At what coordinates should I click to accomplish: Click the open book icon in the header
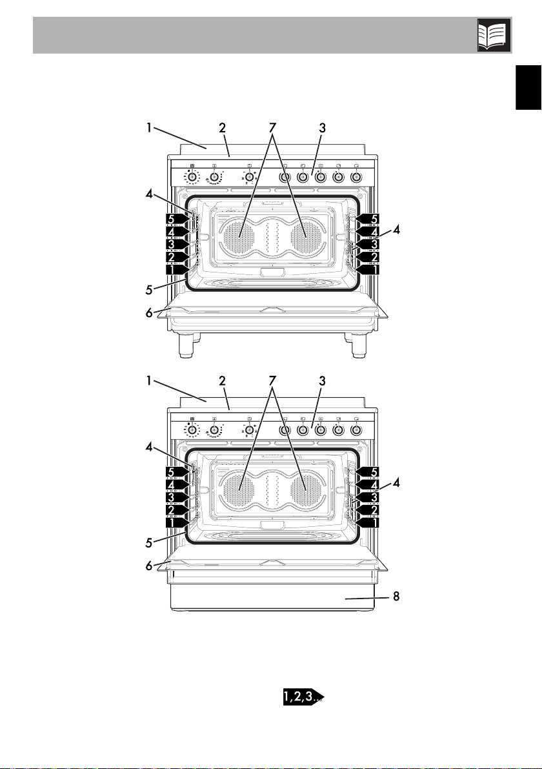pyautogui.click(x=494, y=36)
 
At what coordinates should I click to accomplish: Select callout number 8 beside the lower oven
pyautogui.click(x=396, y=597)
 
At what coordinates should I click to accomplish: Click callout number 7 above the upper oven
pyautogui.click(x=272, y=127)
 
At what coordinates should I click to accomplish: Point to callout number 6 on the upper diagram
pyautogui.click(x=150, y=313)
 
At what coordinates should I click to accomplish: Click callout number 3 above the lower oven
pyautogui.click(x=322, y=381)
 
